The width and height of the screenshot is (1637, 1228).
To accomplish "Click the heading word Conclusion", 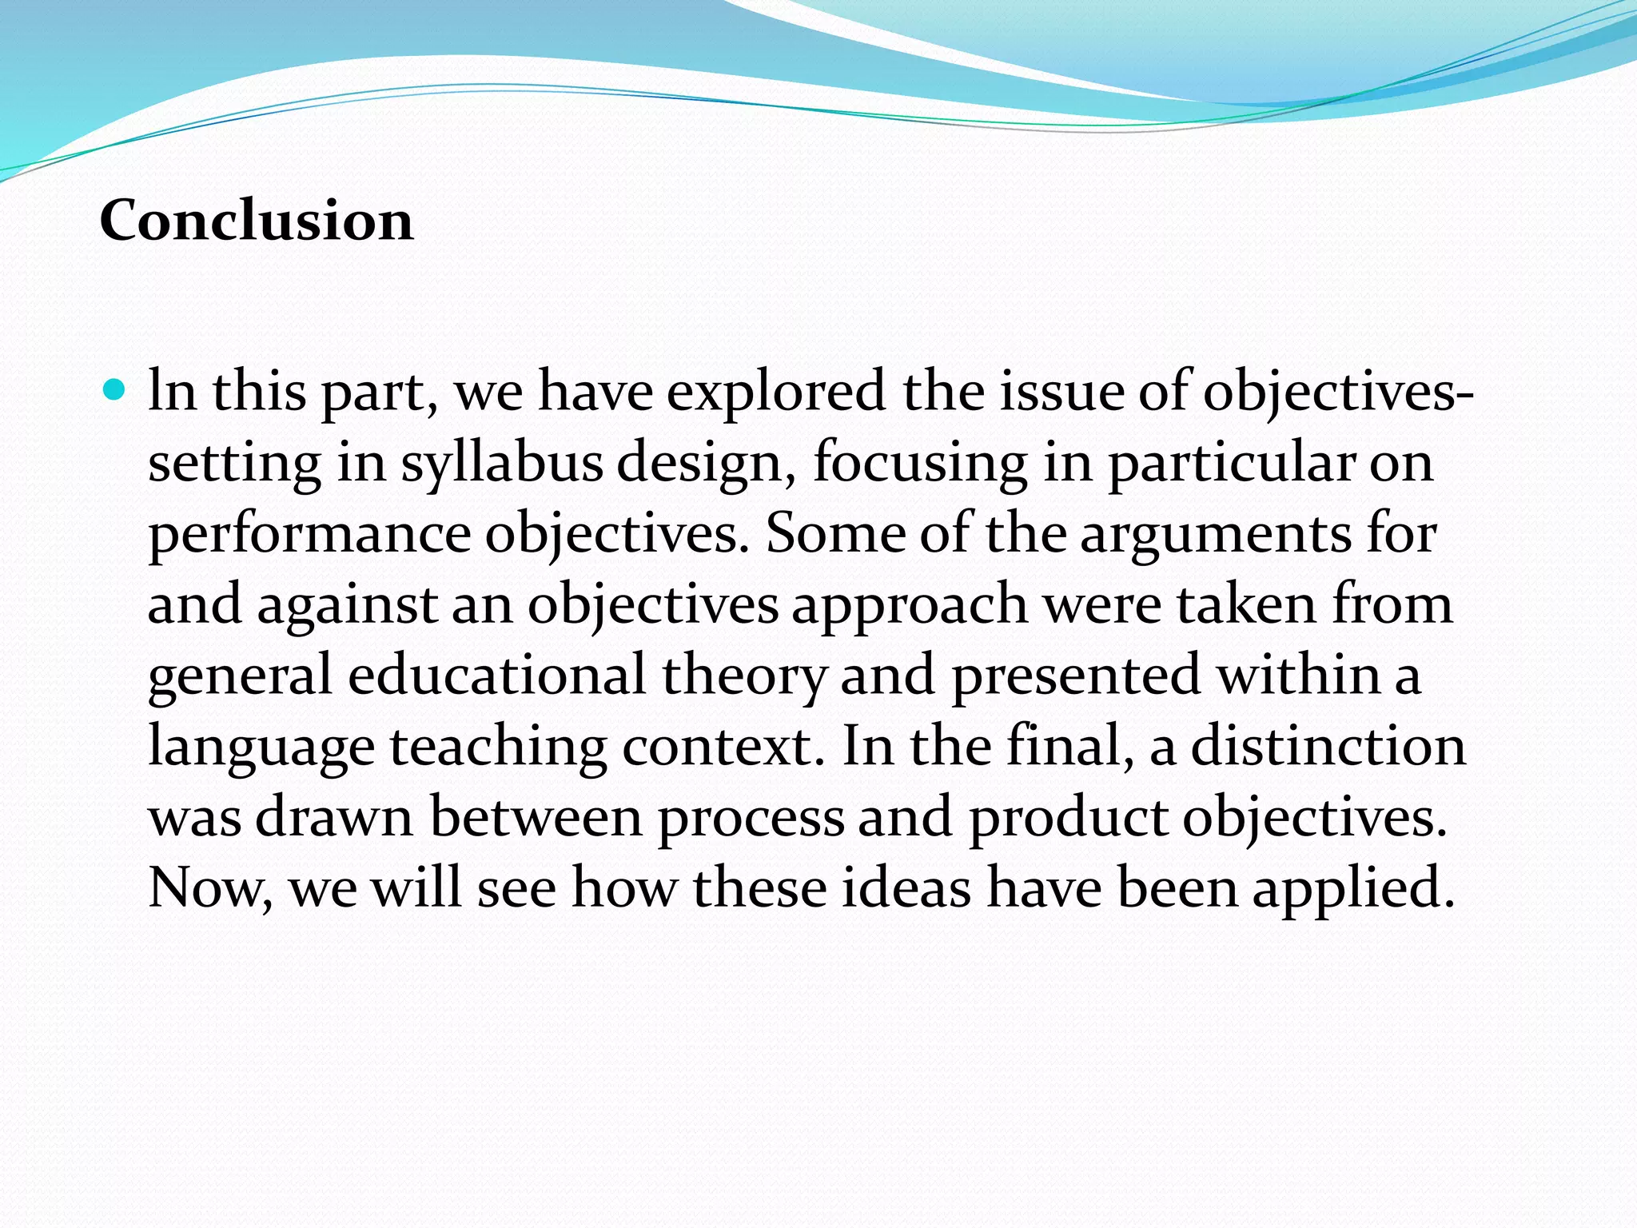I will (257, 221).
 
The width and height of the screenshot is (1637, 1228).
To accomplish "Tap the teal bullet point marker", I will (115, 391).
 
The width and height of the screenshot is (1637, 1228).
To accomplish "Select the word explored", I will (775, 393).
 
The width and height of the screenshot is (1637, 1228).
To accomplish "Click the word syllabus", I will (501, 464).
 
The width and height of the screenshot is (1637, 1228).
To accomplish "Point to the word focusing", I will (920, 464).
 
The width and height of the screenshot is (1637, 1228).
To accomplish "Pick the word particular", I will (1231, 464).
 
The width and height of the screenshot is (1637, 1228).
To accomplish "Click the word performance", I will (309, 535).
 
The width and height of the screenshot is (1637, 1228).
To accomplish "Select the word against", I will (347, 605).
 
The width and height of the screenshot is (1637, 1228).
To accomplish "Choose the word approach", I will (910, 605).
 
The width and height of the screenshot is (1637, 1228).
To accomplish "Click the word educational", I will (496, 676).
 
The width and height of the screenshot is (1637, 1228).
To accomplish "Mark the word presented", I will (1076, 676).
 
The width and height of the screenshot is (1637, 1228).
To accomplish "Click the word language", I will (261, 747).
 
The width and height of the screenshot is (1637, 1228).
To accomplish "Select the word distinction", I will (1328, 747).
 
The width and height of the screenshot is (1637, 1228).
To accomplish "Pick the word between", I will (536, 817).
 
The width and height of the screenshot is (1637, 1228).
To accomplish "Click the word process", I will (751, 817).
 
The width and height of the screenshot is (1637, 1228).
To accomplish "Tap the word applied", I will (1352, 888).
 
